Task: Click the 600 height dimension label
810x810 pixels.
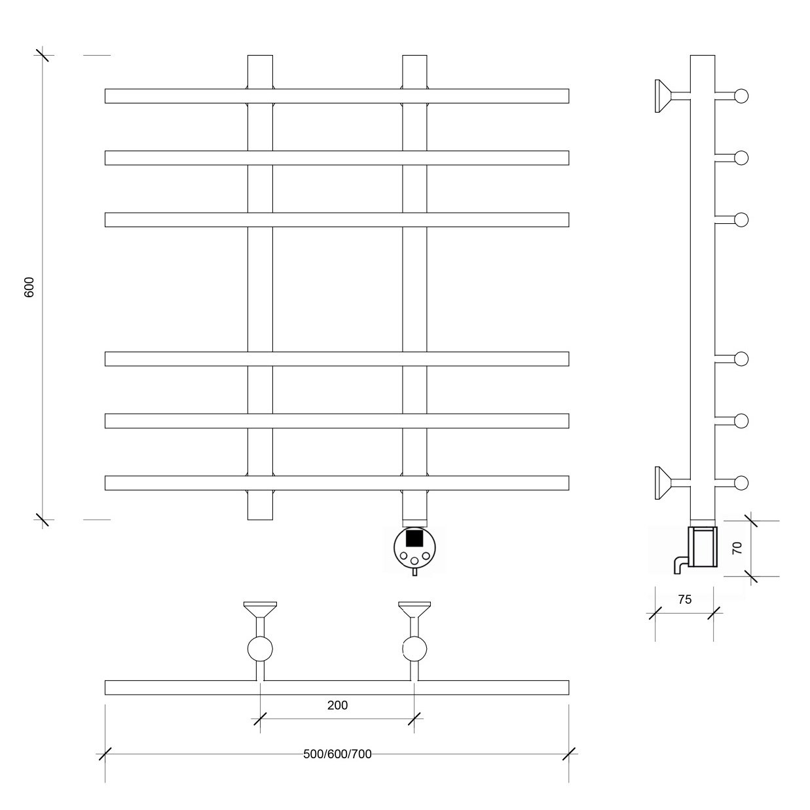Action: tap(29, 287)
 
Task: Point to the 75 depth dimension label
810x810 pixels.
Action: tap(684, 599)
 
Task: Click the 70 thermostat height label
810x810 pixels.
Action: tap(737, 547)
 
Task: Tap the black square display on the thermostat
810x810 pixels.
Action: tap(414, 538)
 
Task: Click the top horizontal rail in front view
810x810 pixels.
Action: tap(337, 96)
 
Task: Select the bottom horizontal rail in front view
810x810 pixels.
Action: tap(337, 483)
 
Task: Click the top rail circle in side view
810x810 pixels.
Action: tap(741, 96)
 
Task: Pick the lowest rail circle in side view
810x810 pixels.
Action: tap(741, 483)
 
